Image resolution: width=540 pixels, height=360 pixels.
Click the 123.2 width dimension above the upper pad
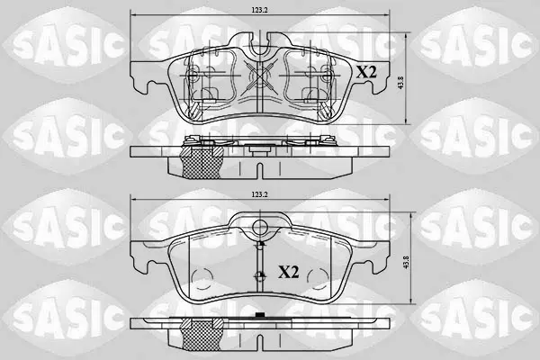259,10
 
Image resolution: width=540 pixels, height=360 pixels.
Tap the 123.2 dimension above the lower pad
259,194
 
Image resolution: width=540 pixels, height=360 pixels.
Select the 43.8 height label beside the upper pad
400,83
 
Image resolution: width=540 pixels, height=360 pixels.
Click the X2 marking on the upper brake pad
366,72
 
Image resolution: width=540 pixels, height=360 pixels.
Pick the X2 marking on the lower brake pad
289,273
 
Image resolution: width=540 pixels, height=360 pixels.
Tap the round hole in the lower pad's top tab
260,227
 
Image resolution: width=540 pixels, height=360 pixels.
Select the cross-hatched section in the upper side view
202,162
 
